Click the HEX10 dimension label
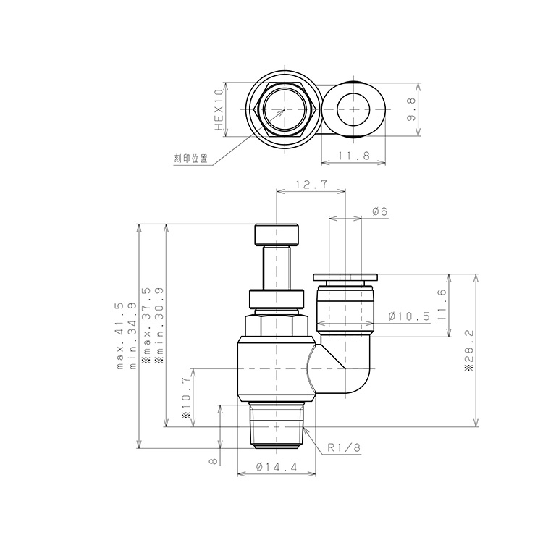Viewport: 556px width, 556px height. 219,109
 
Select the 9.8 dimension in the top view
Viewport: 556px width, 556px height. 410,109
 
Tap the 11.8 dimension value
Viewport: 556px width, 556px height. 353,155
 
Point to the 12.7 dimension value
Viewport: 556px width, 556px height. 311,185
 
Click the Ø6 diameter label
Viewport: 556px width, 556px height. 379,211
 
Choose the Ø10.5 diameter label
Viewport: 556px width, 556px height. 409,316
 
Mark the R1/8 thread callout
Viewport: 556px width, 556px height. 343,448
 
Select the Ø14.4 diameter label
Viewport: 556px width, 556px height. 277,468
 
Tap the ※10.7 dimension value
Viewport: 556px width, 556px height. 187,399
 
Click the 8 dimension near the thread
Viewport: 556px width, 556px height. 213,460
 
